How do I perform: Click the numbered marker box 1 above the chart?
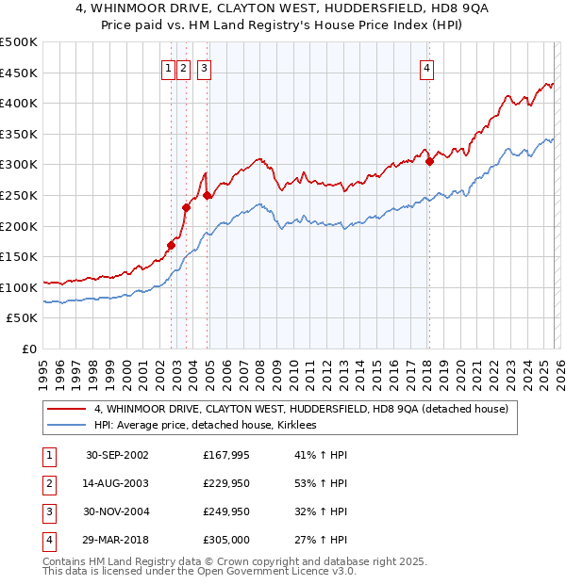point(168,68)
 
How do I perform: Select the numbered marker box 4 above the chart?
point(427,68)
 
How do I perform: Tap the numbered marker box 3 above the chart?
point(205,68)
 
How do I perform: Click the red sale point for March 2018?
point(429,161)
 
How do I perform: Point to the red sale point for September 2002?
point(172,245)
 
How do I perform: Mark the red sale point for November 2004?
point(208,195)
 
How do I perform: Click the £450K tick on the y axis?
point(19,73)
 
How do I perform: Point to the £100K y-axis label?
point(19,287)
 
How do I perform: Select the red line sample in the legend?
point(67,410)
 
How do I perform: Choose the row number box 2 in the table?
point(47,483)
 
